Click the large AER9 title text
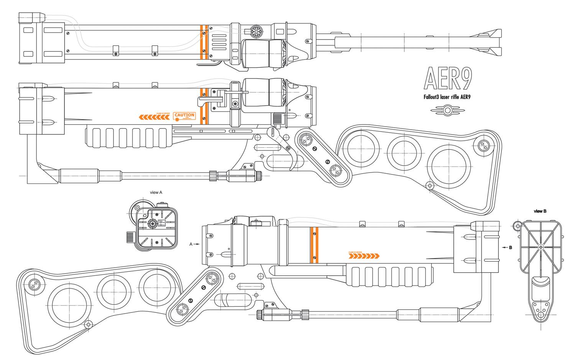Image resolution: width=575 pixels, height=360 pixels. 448,79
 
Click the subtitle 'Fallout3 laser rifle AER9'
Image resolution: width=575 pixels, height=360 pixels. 447,97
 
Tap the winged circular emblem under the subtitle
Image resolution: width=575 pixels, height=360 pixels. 447,110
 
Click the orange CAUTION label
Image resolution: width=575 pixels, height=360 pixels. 184,115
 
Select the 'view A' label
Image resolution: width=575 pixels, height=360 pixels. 156,192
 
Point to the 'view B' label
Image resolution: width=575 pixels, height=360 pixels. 540,211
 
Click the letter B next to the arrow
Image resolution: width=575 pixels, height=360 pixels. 511,248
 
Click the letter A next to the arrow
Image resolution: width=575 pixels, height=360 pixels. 191,244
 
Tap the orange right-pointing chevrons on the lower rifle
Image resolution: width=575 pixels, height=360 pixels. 364,256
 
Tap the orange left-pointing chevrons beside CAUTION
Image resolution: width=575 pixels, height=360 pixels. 154,117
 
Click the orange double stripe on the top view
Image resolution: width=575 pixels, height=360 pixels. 204,42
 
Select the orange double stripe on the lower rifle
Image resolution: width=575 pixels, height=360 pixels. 314,245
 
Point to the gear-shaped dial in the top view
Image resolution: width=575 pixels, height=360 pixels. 256,31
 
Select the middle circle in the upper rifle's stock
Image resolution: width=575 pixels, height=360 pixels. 404,153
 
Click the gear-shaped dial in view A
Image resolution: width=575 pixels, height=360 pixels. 153,223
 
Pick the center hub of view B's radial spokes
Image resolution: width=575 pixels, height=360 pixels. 541,247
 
